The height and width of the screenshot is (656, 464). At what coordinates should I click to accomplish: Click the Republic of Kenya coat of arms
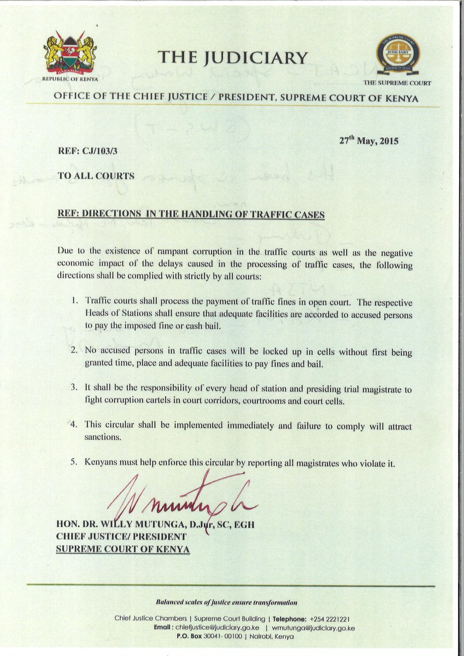pos(71,53)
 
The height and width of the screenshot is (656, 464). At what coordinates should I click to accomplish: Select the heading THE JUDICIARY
pos(233,57)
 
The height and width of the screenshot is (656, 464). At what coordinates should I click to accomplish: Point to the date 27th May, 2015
pos(369,140)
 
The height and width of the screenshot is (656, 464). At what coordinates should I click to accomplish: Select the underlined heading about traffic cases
pos(191,215)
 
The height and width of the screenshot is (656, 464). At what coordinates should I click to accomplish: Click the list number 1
pos(75,302)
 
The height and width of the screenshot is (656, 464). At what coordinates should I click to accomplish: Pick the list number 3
pos(75,388)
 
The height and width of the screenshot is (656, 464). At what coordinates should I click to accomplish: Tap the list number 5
pos(75,462)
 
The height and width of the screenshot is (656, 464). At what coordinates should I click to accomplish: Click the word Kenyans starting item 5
pos(101,462)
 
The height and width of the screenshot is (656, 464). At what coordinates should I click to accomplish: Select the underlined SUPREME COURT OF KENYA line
pos(123,549)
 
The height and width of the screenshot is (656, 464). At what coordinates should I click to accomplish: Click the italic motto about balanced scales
pos(227,602)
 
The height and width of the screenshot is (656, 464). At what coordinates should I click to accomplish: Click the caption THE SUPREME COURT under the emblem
pos(397,83)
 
